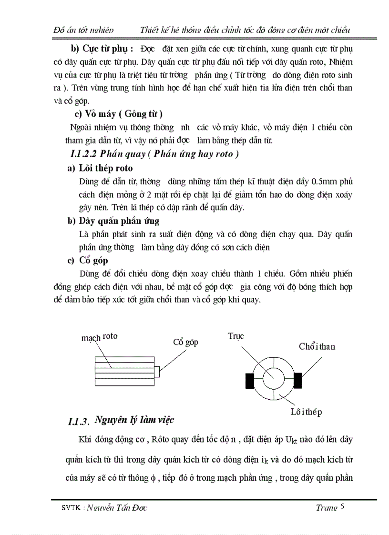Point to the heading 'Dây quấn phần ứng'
[x=119, y=221]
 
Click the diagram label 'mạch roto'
[x=99, y=337]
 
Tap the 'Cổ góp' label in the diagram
[x=185, y=342]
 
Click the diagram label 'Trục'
[x=235, y=336]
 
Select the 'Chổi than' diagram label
[x=317, y=346]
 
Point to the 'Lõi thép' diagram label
[x=306, y=412]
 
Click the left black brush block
[x=250, y=381]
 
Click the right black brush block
[x=298, y=381]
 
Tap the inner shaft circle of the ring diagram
[x=274, y=380]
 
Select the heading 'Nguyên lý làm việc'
[x=134, y=420]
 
